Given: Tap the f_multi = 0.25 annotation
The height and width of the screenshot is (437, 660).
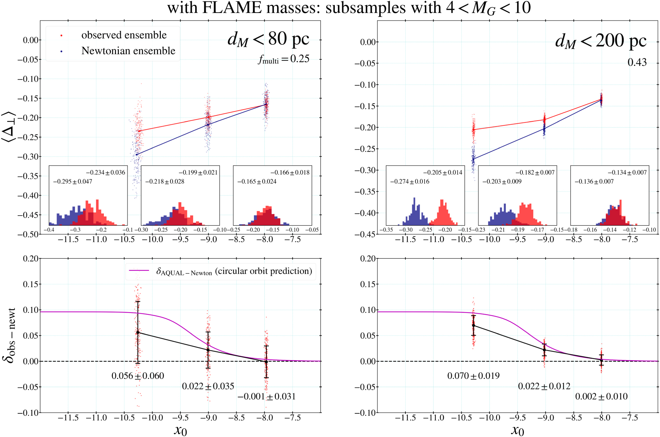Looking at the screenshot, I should tap(283, 59).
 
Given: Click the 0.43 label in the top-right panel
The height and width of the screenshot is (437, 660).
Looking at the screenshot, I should tap(637, 62).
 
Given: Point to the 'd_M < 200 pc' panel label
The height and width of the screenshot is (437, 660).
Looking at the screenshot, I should tap(601, 41).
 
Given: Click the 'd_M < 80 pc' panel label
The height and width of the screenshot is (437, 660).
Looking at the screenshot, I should tap(268, 39).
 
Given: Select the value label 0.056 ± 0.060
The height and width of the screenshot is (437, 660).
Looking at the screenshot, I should tap(138, 376).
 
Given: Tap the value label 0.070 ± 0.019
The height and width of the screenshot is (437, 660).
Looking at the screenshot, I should tap(473, 376).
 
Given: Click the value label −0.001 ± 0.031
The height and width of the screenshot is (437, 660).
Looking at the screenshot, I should tap(266, 396).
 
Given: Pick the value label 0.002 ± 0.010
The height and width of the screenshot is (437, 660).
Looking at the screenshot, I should tap(601, 396).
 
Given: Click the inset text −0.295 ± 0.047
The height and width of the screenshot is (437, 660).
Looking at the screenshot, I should tap(73, 181).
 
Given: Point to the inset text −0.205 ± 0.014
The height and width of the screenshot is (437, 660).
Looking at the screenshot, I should tap(443, 172).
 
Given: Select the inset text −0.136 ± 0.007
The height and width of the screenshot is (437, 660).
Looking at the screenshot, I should tap(594, 181).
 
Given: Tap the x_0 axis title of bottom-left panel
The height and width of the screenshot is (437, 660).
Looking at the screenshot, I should tap(180, 430).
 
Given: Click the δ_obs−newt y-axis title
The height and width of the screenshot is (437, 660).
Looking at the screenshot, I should tap(10, 335).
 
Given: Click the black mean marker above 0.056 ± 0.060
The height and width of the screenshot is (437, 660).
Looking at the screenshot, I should tap(138, 332).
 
